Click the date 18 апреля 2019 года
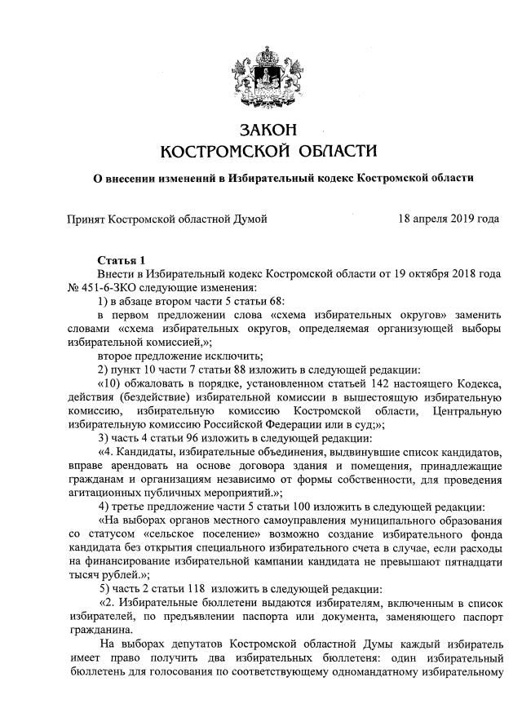point(449,219)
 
